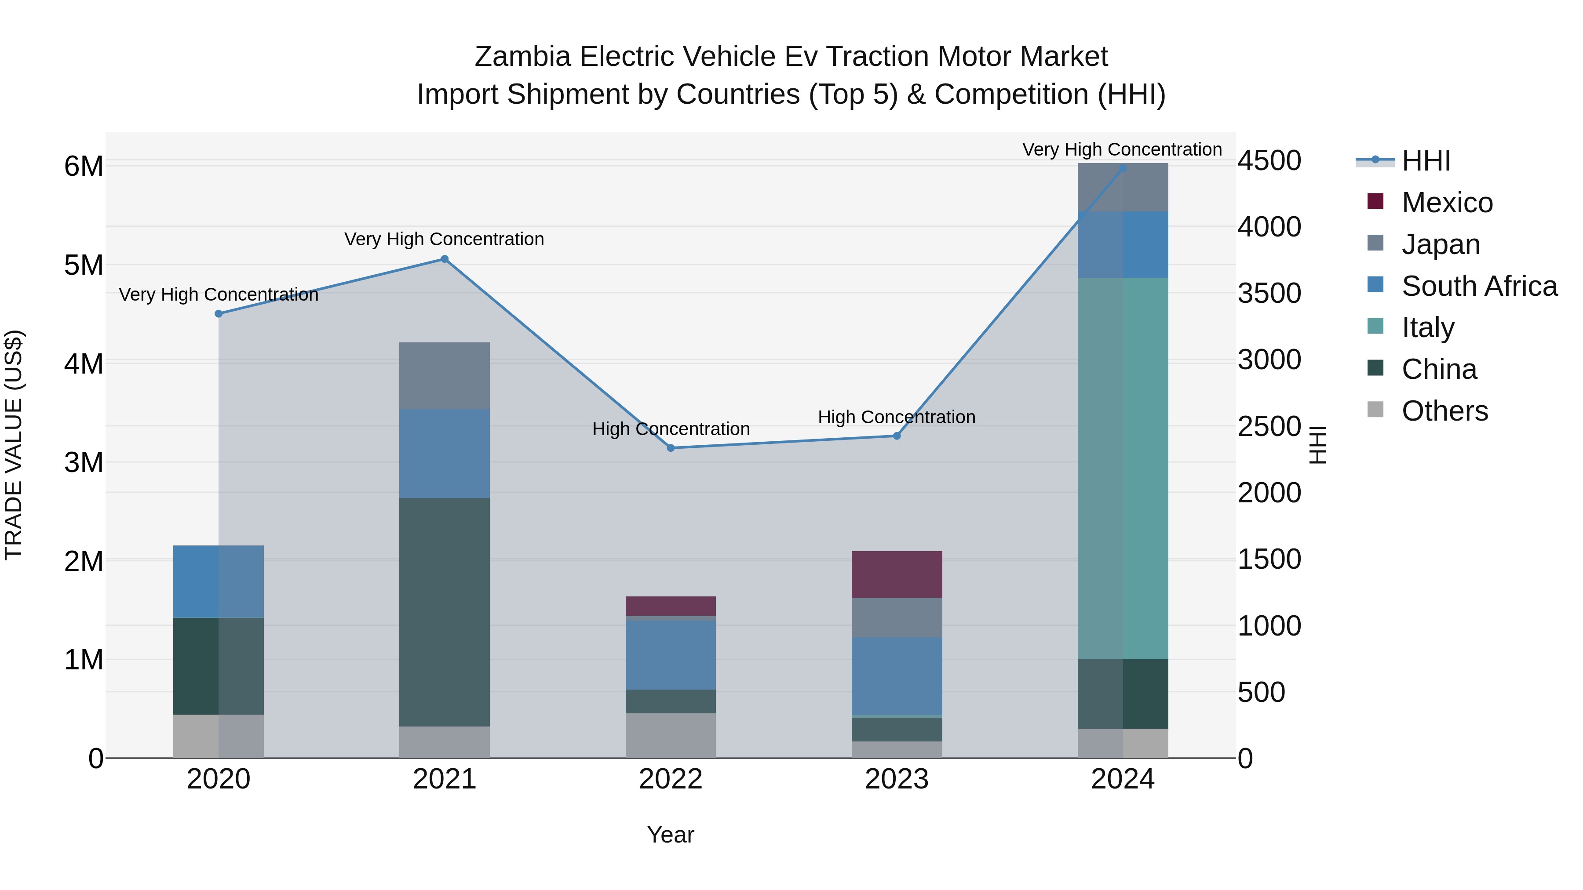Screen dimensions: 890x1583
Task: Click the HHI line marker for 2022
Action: (671, 448)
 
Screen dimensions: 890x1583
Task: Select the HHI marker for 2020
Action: (218, 314)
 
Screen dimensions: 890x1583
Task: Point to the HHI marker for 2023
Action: (897, 436)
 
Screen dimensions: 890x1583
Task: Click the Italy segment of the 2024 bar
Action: (1123, 468)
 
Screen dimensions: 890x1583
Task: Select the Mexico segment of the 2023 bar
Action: (897, 574)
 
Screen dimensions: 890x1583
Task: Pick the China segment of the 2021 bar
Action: (444, 612)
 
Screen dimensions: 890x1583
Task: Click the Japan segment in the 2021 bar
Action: (444, 376)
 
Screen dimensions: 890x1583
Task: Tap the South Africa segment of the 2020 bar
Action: (218, 581)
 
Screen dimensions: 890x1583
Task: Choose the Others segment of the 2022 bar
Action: (671, 735)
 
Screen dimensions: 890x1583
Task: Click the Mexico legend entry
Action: (1447, 203)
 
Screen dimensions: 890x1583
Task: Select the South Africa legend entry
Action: (1478, 286)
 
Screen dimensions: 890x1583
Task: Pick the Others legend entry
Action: (1444, 411)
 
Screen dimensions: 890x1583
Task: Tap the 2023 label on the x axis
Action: (897, 779)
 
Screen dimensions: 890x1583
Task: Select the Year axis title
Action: (671, 835)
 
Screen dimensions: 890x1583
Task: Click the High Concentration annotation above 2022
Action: (671, 429)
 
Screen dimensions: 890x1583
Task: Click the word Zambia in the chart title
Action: (523, 57)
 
